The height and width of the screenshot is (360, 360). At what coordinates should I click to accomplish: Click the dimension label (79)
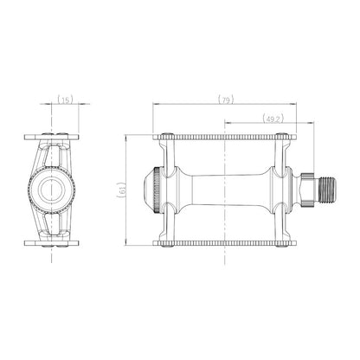click(226, 100)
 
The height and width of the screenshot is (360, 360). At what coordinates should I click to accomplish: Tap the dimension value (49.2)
click(273, 119)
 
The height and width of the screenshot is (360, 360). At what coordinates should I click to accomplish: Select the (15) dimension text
click(65, 100)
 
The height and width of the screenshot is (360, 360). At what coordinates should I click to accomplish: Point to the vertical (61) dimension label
click(121, 190)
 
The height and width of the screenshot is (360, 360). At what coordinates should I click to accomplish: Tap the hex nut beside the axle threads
click(307, 190)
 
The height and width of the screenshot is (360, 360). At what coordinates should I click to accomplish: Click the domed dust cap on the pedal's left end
click(150, 190)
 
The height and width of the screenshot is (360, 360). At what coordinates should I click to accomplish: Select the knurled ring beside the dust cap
click(157, 190)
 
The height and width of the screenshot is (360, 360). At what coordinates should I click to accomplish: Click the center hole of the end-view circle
click(51, 190)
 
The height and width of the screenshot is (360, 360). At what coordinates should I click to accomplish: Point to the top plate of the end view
click(51, 137)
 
